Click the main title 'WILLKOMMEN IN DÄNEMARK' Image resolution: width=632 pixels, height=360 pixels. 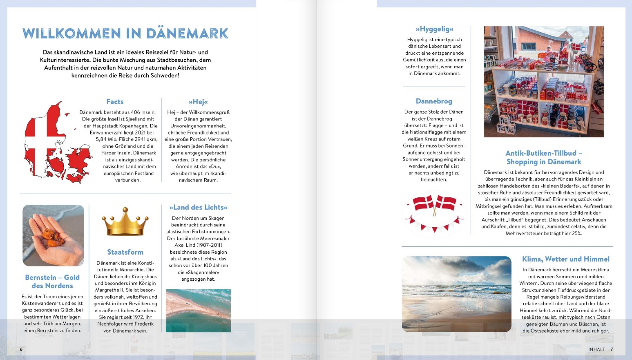[x=125, y=33]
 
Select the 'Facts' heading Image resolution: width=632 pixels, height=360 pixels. [x=115, y=102]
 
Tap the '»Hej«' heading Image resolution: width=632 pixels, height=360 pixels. [x=198, y=102]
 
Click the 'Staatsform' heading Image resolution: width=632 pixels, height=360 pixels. [x=125, y=252]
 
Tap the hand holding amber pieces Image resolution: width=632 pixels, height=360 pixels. [x=53, y=235]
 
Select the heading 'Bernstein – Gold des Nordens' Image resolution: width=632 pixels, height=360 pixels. [x=52, y=282]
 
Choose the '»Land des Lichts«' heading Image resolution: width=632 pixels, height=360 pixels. [x=198, y=208]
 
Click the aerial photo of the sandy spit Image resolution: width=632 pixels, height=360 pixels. [x=198, y=310]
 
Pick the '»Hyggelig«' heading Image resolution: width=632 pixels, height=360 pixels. [x=434, y=29]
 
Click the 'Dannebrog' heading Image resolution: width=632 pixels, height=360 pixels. [x=434, y=101]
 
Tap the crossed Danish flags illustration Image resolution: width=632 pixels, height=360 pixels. [x=434, y=213]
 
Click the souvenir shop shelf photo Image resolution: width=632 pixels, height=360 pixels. [x=543, y=82]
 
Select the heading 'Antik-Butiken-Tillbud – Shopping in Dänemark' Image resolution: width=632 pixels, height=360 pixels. [x=544, y=157]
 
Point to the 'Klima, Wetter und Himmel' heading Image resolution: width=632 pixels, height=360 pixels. [x=565, y=259]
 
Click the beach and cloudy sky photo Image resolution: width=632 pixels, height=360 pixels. [x=456, y=293]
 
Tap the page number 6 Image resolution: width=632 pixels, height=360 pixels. [x=21, y=349]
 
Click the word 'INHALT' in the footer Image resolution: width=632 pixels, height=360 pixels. [x=596, y=349]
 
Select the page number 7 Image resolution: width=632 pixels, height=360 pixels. [x=612, y=349]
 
